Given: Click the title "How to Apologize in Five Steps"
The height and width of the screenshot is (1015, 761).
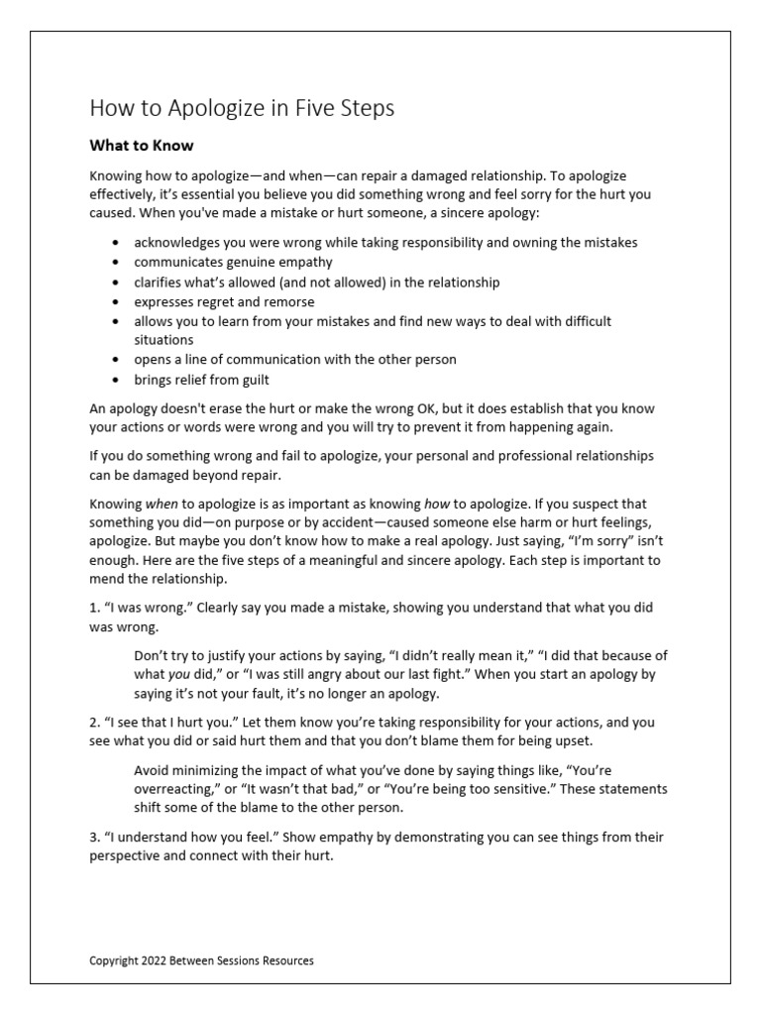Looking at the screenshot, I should tap(242, 108).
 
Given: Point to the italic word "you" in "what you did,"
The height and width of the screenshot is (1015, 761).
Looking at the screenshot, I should tap(181, 675).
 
